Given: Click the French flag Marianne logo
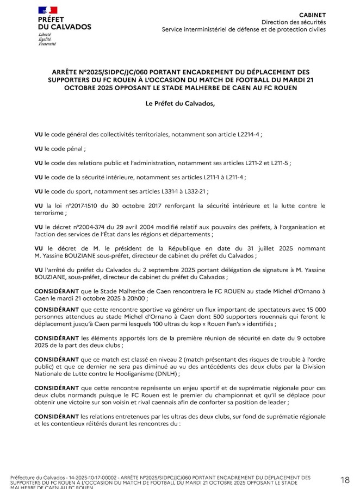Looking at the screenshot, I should coord(47,10).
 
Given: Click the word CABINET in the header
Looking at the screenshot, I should coord(313,15).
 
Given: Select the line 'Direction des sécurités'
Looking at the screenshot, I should coord(293,22).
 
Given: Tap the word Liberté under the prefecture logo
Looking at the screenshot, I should coord(45,34).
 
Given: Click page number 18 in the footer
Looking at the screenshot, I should coord(345,480).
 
